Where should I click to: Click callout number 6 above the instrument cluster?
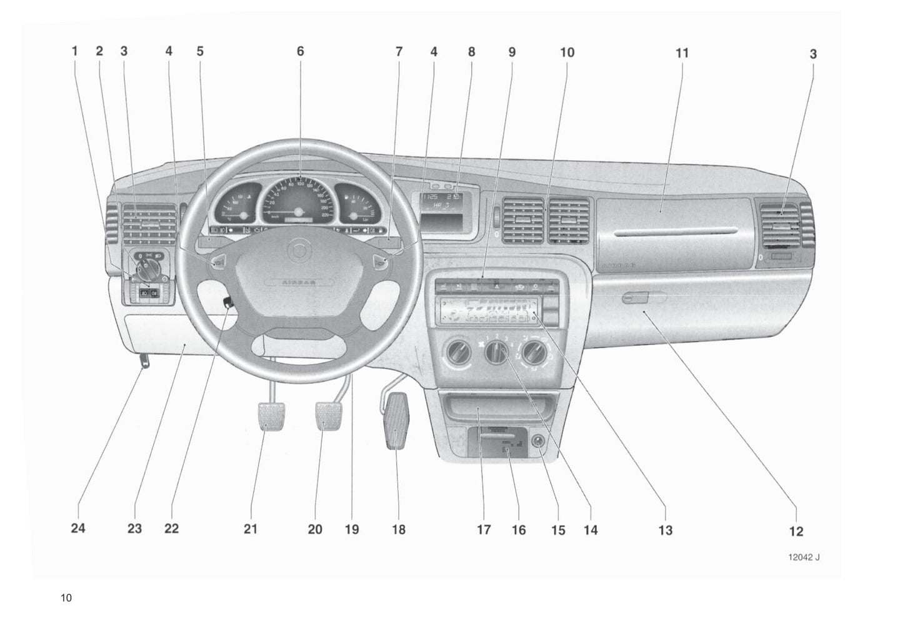pyautogui.click(x=300, y=51)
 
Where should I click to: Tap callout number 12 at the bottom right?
pyautogui.click(x=796, y=531)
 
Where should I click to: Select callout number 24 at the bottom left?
pyautogui.click(x=77, y=529)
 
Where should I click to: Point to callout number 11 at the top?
pyautogui.click(x=682, y=53)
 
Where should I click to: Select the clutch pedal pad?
pyautogui.click(x=268, y=417)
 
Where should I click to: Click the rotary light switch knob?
pyautogui.click(x=147, y=270)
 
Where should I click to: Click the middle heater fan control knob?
pyautogui.click(x=497, y=354)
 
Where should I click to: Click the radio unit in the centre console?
pyautogui.click(x=487, y=311)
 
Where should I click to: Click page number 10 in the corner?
pyautogui.click(x=66, y=598)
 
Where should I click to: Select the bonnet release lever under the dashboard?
pyautogui.click(x=145, y=361)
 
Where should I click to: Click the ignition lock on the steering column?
pyautogui.click(x=227, y=303)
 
